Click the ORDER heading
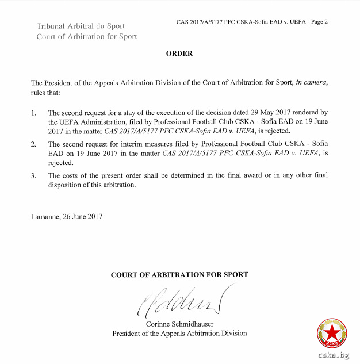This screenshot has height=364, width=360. click(x=179, y=53)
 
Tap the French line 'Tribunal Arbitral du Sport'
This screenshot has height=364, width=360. click(x=81, y=26)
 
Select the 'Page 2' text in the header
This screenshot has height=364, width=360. click(x=318, y=22)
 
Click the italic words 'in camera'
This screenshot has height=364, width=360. click(x=311, y=83)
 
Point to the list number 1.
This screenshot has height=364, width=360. click(x=33, y=113)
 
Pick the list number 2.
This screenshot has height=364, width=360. click(x=33, y=143)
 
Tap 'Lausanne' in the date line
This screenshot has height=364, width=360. click(x=45, y=216)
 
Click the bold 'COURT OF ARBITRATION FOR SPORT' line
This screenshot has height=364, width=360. click(x=179, y=275)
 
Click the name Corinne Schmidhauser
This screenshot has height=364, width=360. click(x=179, y=324)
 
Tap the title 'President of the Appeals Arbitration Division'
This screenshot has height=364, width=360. click(x=179, y=333)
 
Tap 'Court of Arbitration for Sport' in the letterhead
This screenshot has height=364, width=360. click(x=87, y=36)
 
